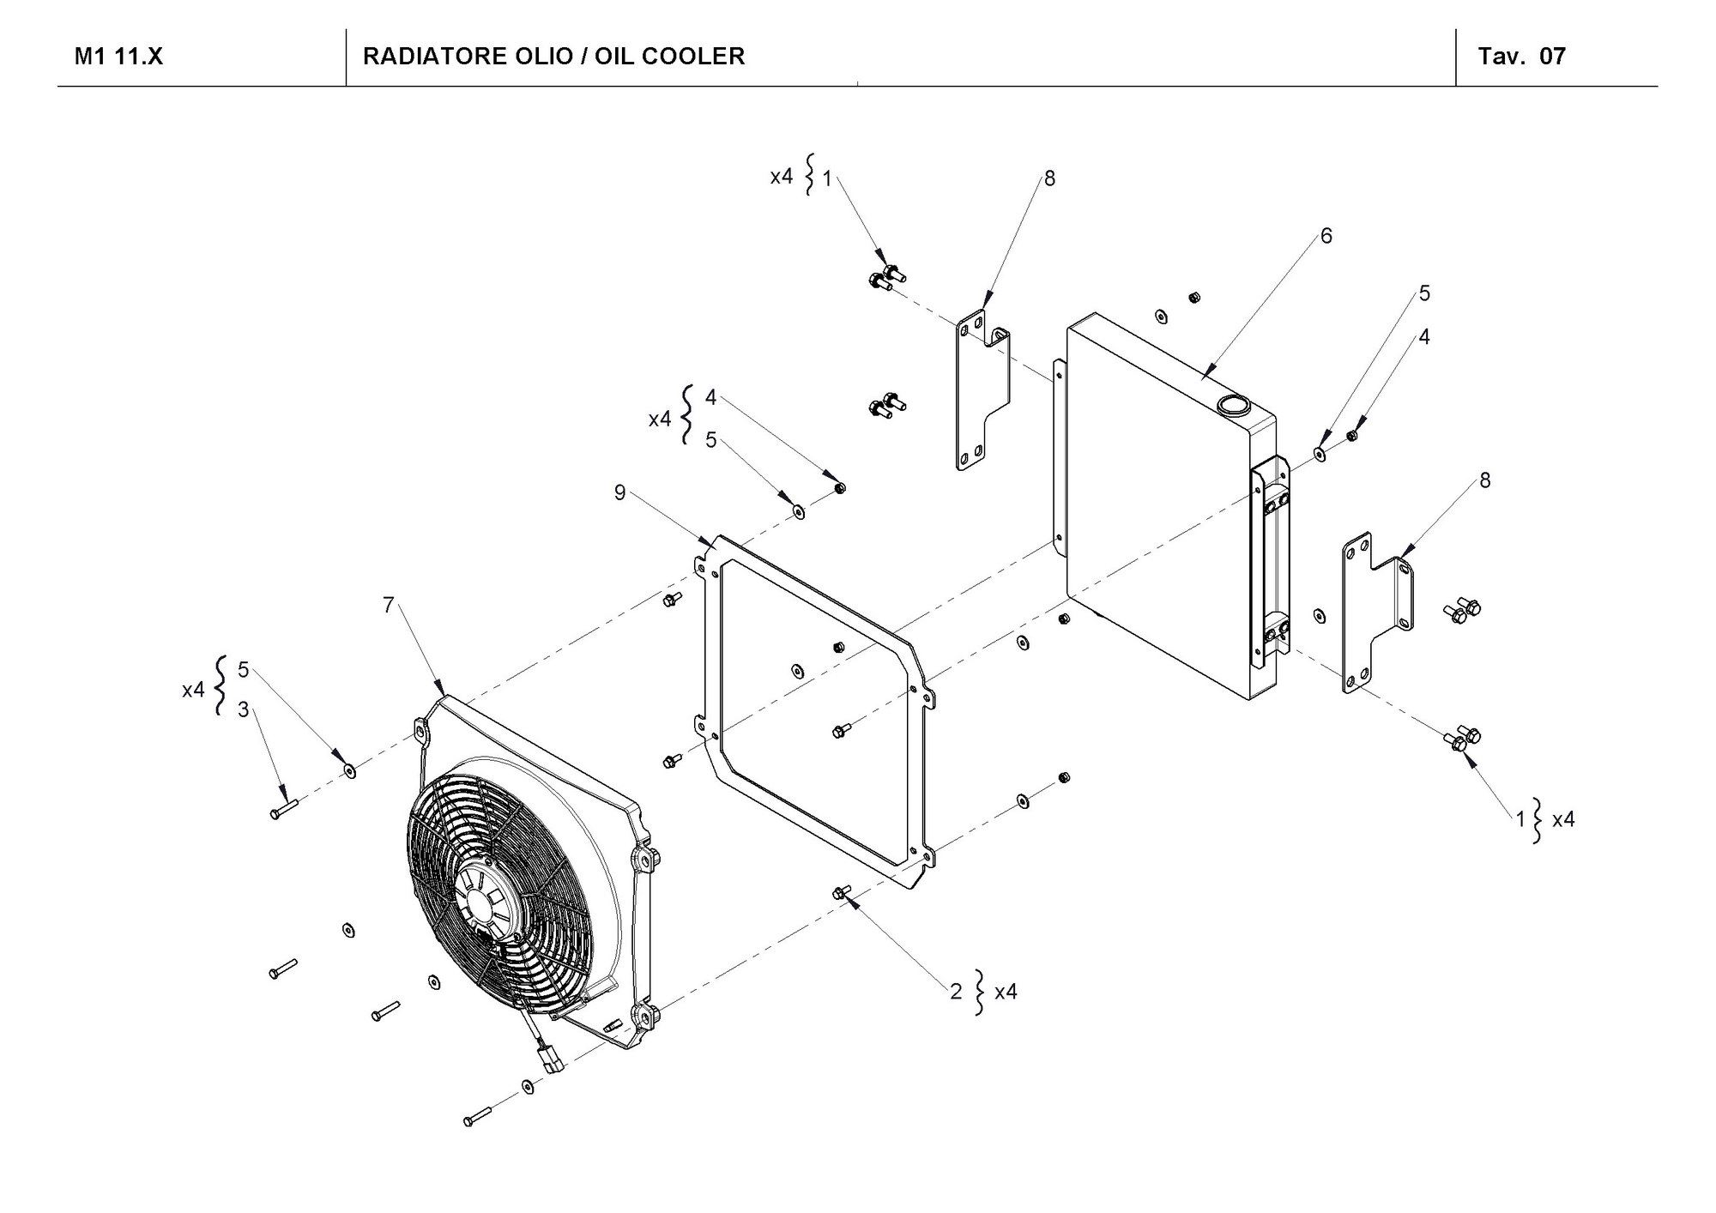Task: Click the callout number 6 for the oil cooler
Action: [x=1326, y=236]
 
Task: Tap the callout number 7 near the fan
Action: [x=389, y=606]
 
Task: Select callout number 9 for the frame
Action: [x=619, y=492]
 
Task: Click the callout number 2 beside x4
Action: [x=956, y=992]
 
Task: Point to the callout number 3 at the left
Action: [x=244, y=709]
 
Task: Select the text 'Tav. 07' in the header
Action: [x=1521, y=57]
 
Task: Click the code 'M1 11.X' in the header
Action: [x=118, y=57]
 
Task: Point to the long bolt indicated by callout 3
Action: [x=282, y=808]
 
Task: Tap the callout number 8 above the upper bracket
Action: [x=1049, y=178]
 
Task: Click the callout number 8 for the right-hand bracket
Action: [x=1484, y=481]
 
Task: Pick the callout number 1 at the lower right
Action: [x=1520, y=819]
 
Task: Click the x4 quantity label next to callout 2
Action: [x=1005, y=992]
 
